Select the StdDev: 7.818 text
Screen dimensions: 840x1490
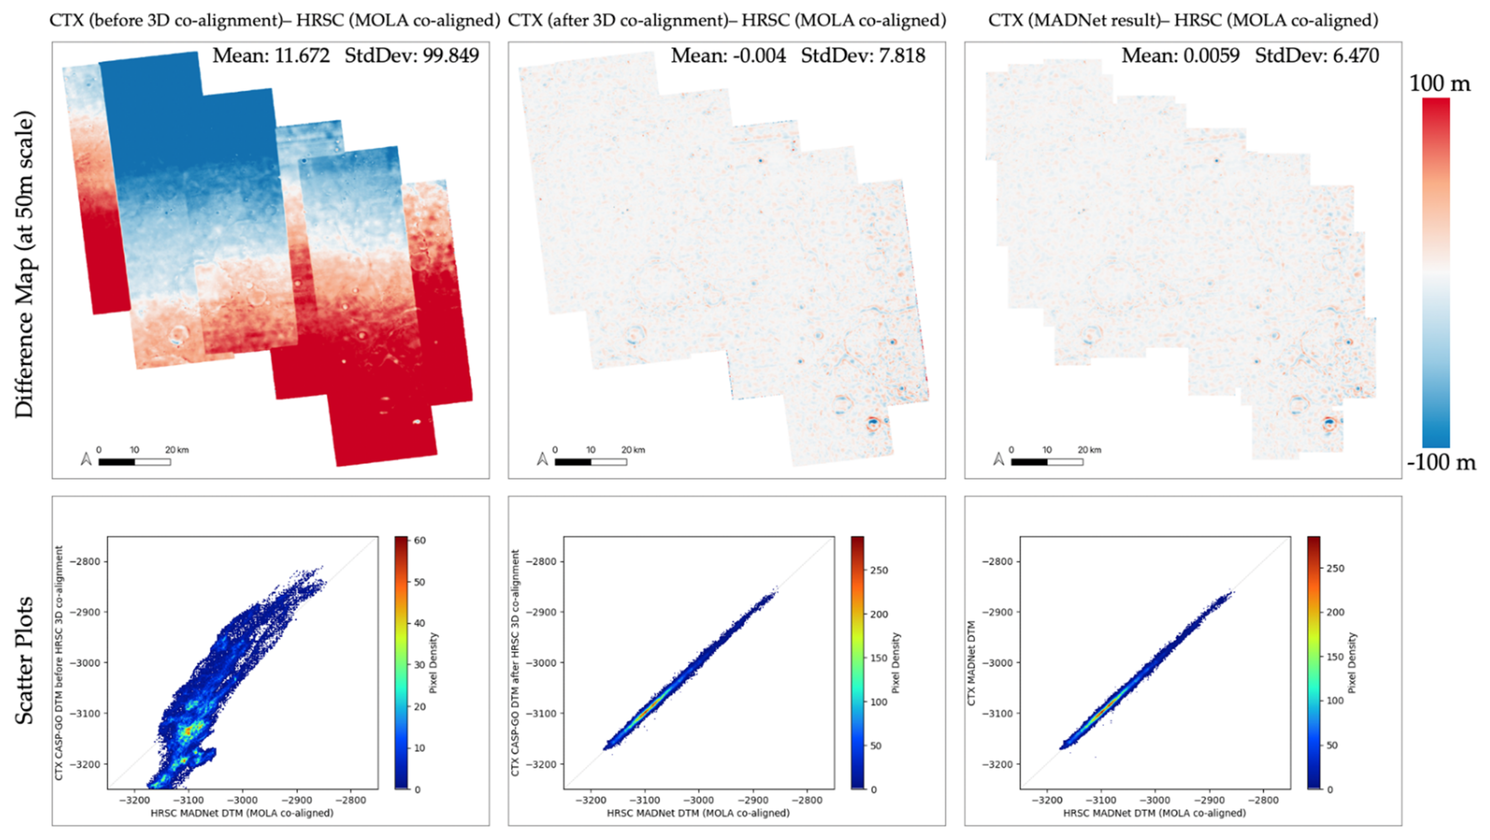pos(863,56)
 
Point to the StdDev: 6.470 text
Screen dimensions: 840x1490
pos(1317,56)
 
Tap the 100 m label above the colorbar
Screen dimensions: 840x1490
pos(1439,84)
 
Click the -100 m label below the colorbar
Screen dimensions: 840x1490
pos(1441,463)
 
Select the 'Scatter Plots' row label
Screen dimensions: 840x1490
pos(24,661)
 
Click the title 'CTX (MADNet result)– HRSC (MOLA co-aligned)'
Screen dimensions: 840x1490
pos(1183,20)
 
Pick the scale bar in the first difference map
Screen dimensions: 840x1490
pos(134,462)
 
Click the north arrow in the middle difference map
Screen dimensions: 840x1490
pos(542,459)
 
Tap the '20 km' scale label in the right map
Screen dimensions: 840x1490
pos(1089,450)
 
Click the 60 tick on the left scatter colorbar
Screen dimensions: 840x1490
pos(420,541)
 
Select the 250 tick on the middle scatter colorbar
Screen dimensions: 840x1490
pos(879,570)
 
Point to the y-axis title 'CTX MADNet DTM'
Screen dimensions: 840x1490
pos(972,663)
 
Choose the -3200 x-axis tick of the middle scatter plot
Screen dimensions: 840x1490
pos(590,800)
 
